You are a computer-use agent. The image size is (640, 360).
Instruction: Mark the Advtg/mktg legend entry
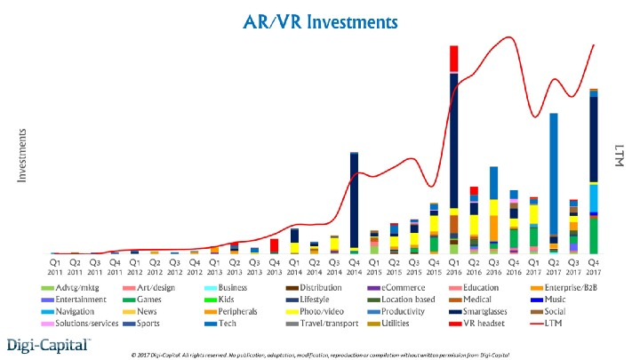tap(73, 287)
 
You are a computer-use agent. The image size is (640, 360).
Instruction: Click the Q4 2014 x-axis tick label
tap(354, 268)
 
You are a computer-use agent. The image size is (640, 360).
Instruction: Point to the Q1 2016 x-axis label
tap(453, 268)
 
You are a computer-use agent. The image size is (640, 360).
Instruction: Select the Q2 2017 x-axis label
tap(553, 268)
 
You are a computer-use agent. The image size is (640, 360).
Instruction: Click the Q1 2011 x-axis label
tap(55, 268)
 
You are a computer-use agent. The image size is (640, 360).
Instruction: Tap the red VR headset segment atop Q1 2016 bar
tap(453, 59)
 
